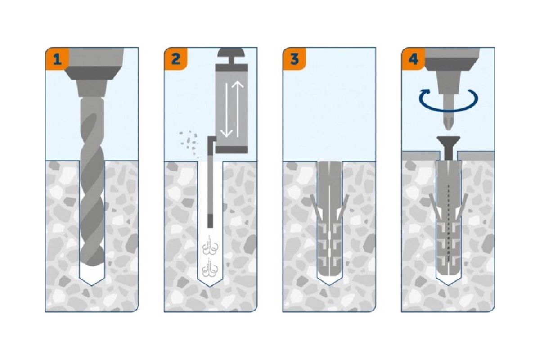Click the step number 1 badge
tap(57, 59)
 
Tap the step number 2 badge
tap(176, 59)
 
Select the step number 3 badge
tap(294, 59)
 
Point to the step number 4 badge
tap(413, 59)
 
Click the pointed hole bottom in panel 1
tap(92, 280)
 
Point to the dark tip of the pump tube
tap(210, 221)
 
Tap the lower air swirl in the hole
tap(210, 267)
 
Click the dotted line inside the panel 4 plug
tap(448, 224)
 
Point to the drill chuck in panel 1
tap(92, 72)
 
